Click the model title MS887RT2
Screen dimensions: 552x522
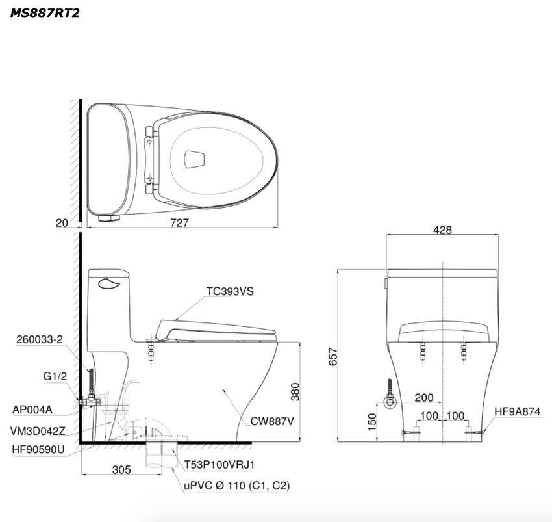pyautogui.click(x=45, y=13)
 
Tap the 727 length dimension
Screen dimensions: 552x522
pyautogui.click(x=179, y=223)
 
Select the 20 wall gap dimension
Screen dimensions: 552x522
pyautogui.click(x=62, y=223)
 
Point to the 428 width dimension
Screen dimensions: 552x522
pyautogui.click(x=442, y=230)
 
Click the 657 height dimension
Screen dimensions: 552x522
pyautogui.click(x=332, y=356)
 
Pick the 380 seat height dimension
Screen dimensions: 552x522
pyautogui.click(x=295, y=391)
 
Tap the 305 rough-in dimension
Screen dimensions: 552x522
pyautogui.click(x=121, y=469)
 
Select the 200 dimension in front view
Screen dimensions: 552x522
pyautogui.click(x=424, y=398)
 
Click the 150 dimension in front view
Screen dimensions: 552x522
pyautogui.click(x=371, y=421)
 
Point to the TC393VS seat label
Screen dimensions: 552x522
pyautogui.click(x=230, y=291)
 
